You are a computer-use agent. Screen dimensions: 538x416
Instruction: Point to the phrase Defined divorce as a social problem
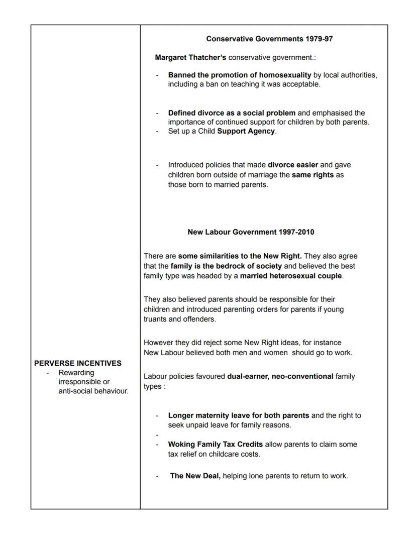[232, 113]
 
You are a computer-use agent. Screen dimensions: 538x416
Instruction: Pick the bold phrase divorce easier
[293, 165]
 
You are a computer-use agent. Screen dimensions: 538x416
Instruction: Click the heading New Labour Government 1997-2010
[251, 232]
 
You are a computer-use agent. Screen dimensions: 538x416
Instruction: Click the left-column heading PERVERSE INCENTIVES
[78, 363]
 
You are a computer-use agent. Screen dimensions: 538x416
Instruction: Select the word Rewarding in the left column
[76, 373]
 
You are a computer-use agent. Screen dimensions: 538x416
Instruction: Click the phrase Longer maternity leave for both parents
[239, 415]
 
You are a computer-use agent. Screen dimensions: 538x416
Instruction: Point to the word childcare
[239, 454]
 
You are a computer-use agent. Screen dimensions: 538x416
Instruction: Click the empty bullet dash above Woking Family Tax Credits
[157, 435]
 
